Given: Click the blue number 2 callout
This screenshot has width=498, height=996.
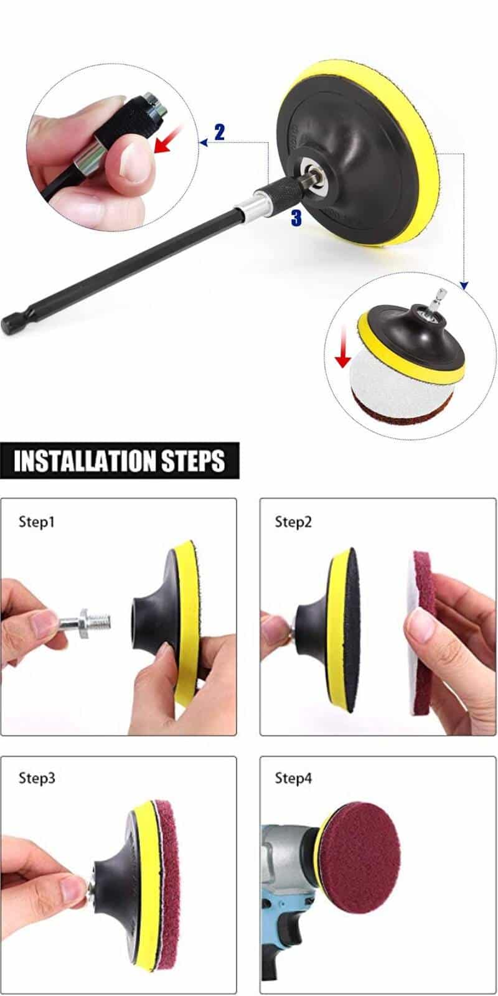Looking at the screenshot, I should (x=219, y=132).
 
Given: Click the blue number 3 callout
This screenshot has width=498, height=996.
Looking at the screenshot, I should (x=296, y=217).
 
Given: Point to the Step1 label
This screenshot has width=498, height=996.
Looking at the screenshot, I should (x=37, y=522).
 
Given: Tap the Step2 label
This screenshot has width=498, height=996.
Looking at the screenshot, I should (x=293, y=522).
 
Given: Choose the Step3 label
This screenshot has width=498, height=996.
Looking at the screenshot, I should (x=37, y=778).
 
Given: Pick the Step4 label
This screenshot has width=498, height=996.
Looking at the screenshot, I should (x=293, y=778).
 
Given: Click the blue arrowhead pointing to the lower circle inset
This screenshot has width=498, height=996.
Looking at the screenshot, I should (x=463, y=285).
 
